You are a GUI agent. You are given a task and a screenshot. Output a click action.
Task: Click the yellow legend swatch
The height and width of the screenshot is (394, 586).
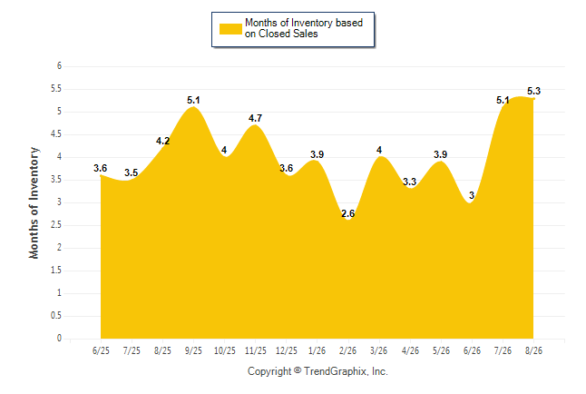pyautogui.click(x=230, y=29)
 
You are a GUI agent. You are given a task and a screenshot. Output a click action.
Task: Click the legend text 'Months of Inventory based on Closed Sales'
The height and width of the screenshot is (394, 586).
pyautogui.click(x=304, y=28)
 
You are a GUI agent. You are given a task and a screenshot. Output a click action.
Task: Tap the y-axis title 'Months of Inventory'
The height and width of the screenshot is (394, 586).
pyautogui.click(x=34, y=202)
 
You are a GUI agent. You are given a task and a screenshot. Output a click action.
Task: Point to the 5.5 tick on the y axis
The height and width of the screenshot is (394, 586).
pyautogui.click(x=56, y=89)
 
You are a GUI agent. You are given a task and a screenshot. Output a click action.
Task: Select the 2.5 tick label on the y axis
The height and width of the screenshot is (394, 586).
pyautogui.click(x=56, y=225)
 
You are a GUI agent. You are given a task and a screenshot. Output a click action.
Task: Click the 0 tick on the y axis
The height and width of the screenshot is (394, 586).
pyautogui.click(x=59, y=339)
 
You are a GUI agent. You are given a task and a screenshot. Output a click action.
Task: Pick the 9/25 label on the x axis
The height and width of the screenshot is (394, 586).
pyautogui.click(x=193, y=350)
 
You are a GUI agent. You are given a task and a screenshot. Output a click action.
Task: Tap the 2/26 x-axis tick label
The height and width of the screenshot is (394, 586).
pyautogui.click(x=348, y=350)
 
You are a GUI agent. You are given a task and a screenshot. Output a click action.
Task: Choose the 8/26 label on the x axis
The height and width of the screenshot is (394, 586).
pyautogui.click(x=533, y=350)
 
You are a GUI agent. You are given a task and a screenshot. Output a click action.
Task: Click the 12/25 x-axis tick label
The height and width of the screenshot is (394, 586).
pyautogui.click(x=287, y=350)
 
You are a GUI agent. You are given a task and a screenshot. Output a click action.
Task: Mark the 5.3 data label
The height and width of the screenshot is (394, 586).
pyautogui.click(x=533, y=91)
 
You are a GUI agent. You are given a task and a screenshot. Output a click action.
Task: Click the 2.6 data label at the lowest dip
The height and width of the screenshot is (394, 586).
pyautogui.click(x=348, y=213)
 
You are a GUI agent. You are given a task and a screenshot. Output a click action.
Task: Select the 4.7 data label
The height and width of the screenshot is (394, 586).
pyautogui.click(x=255, y=118)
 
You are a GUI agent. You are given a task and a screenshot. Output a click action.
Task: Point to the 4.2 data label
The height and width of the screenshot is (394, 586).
pyautogui.click(x=162, y=141)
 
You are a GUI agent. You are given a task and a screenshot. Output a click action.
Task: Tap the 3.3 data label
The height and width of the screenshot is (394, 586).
pyautogui.click(x=410, y=182)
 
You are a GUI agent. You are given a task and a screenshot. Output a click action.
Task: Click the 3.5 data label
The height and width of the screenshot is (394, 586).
pyautogui.click(x=132, y=172)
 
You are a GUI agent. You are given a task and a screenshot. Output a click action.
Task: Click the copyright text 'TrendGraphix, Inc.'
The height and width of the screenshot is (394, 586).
pyautogui.click(x=346, y=371)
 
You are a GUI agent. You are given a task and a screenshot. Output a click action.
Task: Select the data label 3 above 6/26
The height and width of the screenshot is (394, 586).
pyautogui.click(x=472, y=195)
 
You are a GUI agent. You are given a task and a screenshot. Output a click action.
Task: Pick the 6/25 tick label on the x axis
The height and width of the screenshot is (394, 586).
pyautogui.click(x=101, y=350)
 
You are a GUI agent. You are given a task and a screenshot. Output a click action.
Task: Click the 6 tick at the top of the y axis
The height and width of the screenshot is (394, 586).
pyautogui.click(x=59, y=66)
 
